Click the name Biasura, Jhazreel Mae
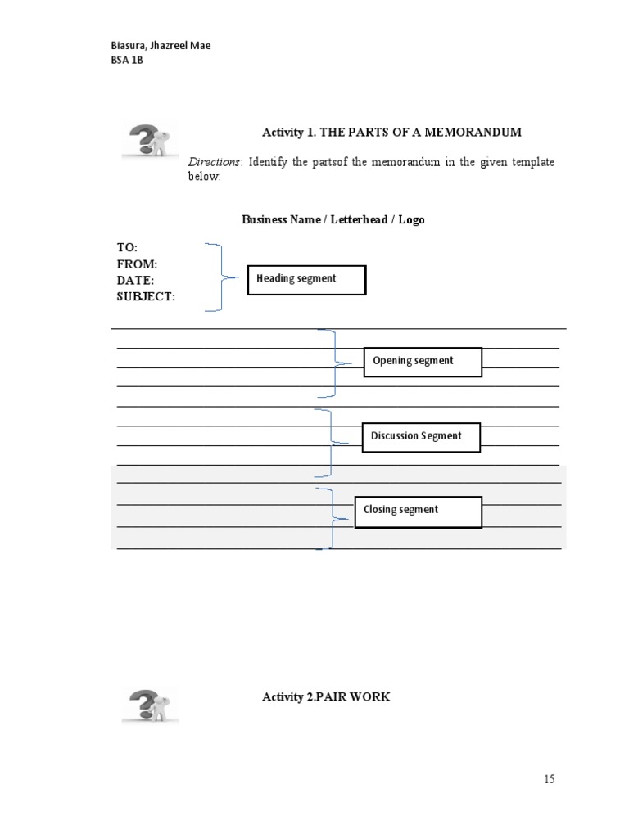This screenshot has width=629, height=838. point(161,46)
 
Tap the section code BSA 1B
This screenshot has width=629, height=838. point(127,61)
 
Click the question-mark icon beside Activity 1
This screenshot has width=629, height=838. point(150,139)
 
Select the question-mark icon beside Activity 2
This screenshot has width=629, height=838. point(150,705)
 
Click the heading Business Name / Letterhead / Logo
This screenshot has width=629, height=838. point(333,220)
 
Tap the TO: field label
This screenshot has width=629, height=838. point(127,247)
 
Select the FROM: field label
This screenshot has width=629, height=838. point(137,264)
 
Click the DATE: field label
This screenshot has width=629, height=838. point(135,281)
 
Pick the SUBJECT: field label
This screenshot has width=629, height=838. point(146,297)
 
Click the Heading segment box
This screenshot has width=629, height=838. point(306,280)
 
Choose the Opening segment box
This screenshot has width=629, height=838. point(423,362)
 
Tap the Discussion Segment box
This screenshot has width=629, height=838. point(421,437)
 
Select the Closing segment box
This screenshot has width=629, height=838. point(418,511)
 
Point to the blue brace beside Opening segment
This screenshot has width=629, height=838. point(330,363)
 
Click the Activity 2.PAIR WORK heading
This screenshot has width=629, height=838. point(326,697)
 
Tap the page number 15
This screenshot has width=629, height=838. point(549,779)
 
